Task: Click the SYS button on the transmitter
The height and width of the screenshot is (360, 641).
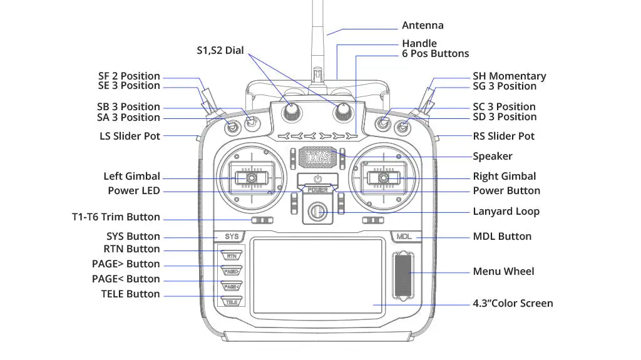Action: click(x=232, y=237)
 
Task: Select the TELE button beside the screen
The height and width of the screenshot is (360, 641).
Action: click(x=232, y=301)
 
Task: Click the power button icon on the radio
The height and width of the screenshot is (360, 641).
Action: click(x=317, y=179)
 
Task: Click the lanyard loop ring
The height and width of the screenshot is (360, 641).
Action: click(x=318, y=212)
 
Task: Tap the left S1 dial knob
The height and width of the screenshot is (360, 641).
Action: click(x=291, y=111)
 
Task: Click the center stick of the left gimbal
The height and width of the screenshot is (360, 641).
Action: click(x=249, y=178)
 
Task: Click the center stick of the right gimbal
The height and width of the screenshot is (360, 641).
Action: click(x=384, y=178)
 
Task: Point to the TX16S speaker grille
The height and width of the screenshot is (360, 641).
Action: click(x=317, y=157)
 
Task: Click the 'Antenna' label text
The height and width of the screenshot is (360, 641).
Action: click(x=423, y=26)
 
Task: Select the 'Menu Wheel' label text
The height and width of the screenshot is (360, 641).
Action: click(x=503, y=272)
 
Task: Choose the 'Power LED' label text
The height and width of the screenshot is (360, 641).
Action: click(x=133, y=191)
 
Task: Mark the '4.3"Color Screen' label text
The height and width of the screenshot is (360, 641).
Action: click(x=513, y=304)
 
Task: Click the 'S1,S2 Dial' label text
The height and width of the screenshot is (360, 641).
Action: click(x=220, y=50)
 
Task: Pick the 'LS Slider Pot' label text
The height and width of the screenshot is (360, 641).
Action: click(x=130, y=136)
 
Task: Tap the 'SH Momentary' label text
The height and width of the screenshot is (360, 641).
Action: click(x=509, y=76)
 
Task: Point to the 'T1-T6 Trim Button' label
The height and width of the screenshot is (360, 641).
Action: click(x=116, y=217)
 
